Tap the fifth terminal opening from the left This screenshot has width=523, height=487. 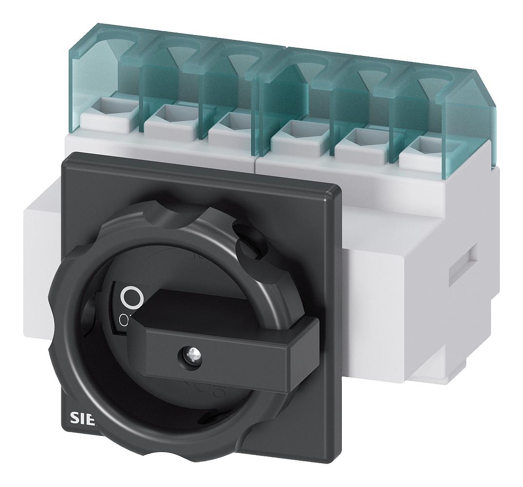point(353,137)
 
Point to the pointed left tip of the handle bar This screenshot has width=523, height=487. point(131,330)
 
